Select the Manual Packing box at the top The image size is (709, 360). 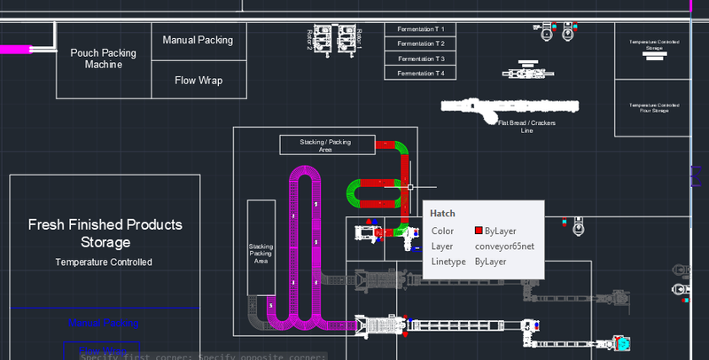198,40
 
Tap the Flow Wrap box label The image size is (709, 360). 198,81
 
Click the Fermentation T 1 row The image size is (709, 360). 420,29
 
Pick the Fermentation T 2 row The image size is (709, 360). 420,43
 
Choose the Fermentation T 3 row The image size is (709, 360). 420,59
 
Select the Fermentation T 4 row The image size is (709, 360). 420,73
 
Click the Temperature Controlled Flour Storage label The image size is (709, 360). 653,107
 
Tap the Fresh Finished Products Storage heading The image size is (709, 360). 105,233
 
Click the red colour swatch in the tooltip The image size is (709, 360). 478,231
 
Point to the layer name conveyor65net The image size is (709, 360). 503,247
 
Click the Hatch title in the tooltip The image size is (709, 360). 443,214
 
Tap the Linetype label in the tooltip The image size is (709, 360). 449,262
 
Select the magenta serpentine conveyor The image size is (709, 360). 307,248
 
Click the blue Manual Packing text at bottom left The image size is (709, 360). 103,323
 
